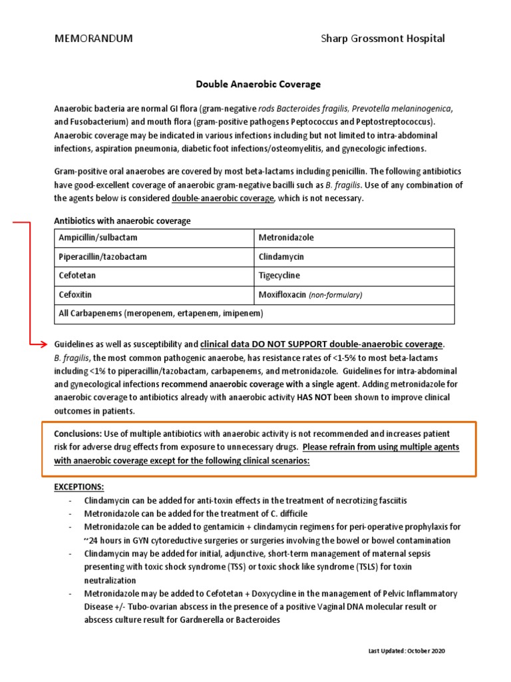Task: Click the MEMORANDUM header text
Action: click(93, 39)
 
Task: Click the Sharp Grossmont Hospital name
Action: click(383, 39)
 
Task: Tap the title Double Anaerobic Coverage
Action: click(258, 85)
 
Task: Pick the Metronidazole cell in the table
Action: click(355, 238)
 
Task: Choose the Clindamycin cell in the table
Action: click(355, 256)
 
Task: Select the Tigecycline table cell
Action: click(355, 276)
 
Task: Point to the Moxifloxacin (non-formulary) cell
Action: click(355, 294)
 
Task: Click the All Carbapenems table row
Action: click(254, 313)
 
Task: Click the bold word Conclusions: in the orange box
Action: click(78, 434)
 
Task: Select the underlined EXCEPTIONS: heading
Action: click(79, 487)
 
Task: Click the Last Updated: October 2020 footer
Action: click(407, 651)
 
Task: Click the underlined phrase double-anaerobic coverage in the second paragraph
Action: click(222, 198)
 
